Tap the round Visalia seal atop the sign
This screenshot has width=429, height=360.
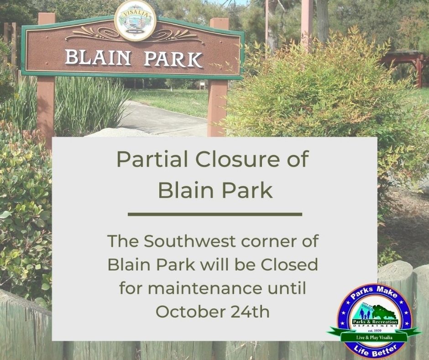(135, 20)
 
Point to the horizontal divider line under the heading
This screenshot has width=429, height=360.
(214, 214)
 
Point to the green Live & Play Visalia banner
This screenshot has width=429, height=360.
(374, 337)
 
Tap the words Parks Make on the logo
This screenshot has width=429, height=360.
(374, 294)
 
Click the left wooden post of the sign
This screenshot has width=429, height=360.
(46, 110)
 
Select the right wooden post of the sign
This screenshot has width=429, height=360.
(218, 107)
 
